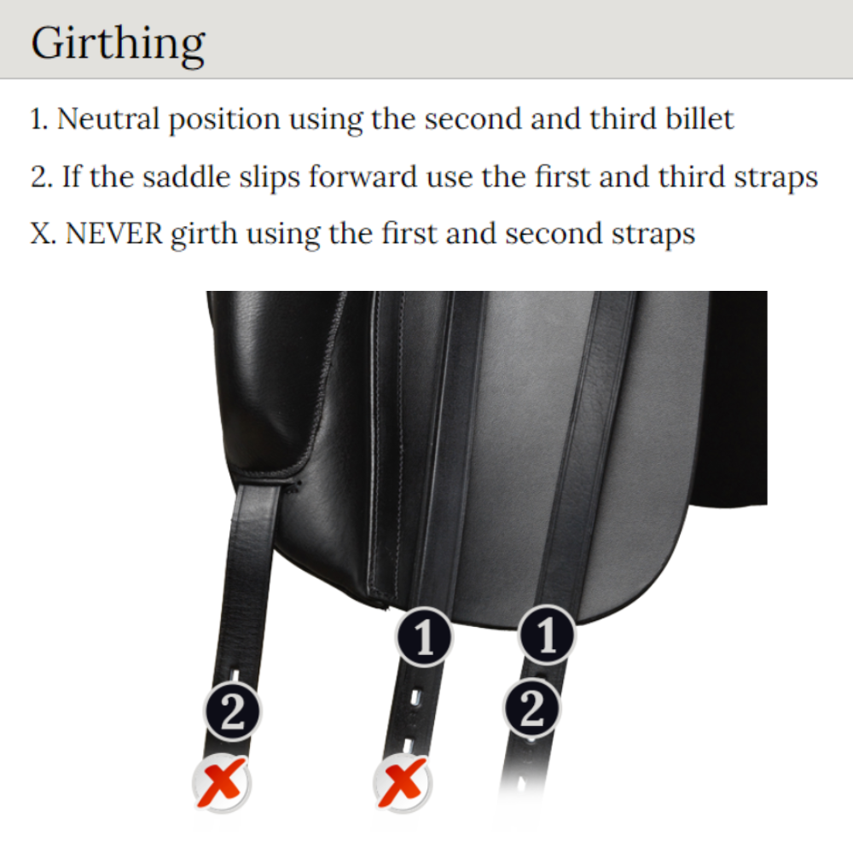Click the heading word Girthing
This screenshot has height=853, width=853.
(x=118, y=44)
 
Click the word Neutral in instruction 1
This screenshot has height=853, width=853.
(x=108, y=119)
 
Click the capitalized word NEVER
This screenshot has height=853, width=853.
(x=113, y=234)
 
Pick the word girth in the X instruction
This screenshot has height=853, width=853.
(x=204, y=235)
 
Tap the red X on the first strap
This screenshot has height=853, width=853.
(x=221, y=784)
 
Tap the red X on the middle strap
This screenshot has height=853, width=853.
(x=402, y=784)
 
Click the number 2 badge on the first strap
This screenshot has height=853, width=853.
(x=233, y=712)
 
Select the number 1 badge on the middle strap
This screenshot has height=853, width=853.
(x=424, y=636)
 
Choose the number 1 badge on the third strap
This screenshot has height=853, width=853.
(x=547, y=635)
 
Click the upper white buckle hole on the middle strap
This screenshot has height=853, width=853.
(x=415, y=698)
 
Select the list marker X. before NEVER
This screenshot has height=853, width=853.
(x=44, y=234)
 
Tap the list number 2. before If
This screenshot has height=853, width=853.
(x=42, y=177)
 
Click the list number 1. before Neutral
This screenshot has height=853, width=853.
(x=40, y=119)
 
